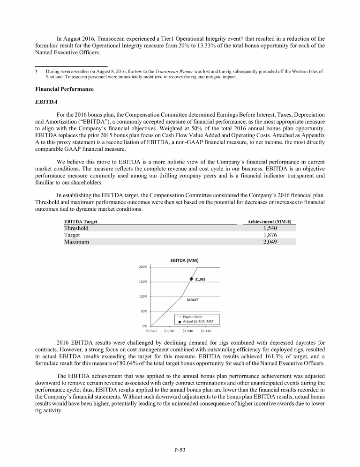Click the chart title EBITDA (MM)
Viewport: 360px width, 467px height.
click(187, 260)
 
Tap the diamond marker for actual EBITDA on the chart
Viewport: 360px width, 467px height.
click(192, 279)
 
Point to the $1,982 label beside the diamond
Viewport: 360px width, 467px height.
click(200, 279)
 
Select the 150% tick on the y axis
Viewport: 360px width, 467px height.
click(143, 282)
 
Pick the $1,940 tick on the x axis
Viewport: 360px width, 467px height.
click(188, 331)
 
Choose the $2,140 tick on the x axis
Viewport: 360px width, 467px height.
click(206, 331)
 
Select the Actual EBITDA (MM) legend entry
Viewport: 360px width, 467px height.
click(198, 321)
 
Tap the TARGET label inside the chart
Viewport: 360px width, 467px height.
click(193, 299)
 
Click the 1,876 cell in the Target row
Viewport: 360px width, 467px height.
click(269, 235)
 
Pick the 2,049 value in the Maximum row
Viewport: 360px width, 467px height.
click(269, 242)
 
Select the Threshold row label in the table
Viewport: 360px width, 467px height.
click(76, 228)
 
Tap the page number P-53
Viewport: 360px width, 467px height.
click(180, 450)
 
